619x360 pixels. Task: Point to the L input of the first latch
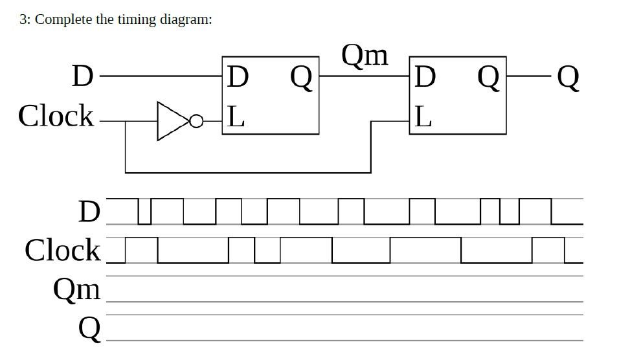tap(236, 117)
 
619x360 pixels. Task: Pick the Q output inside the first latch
tap(301, 79)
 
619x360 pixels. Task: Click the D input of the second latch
tap(425, 78)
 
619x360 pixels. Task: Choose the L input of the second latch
tap(423, 117)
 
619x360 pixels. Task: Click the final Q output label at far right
tap(568, 79)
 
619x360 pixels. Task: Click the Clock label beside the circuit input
tap(57, 117)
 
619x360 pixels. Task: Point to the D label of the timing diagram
tap(89, 212)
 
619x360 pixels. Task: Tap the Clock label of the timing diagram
tap(63, 250)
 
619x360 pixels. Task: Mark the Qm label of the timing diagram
tap(78, 289)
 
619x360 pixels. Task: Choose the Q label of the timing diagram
tap(89, 330)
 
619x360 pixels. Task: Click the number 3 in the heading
tap(23, 19)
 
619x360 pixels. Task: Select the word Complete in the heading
tap(63, 19)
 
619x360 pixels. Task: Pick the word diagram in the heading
tap(185, 19)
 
